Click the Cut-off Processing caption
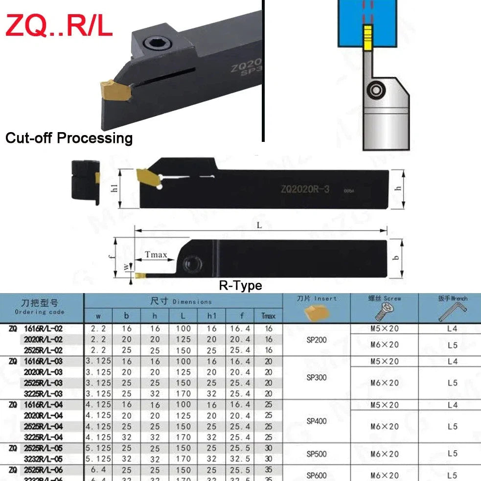pyautogui.click(x=69, y=138)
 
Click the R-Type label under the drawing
pyautogui.click(x=240, y=285)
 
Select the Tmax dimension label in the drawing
pyautogui.click(x=156, y=255)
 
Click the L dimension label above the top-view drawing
pyautogui.click(x=259, y=225)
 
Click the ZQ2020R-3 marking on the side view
pyautogui.click(x=305, y=189)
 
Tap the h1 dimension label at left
pyautogui.click(x=115, y=188)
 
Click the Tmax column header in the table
pyautogui.click(x=268, y=316)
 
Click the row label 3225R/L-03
pyautogui.click(x=44, y=393)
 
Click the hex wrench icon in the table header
pyautogui.click(x=453, y=310)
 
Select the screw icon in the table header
pyautogui.click(x=385, y=311)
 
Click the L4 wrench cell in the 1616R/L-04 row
pyautogui.click(x=453, y=405)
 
